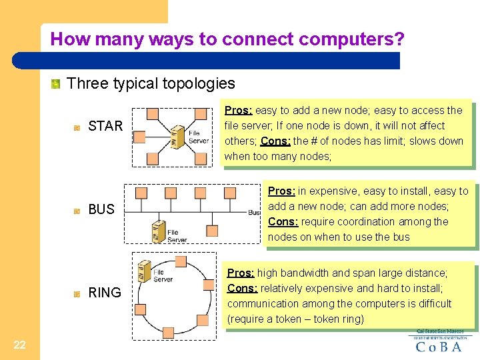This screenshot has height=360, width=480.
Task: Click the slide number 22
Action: [x=19, y=344]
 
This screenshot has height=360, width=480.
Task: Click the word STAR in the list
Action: [x=105, y=126]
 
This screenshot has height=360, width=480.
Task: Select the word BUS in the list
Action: [x=101, y=209]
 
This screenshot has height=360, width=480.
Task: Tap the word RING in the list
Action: [x=105, y=293]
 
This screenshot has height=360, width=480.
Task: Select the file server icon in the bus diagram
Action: [x=159, y=231]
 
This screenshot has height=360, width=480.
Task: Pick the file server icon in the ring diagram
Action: [x=144, y=271]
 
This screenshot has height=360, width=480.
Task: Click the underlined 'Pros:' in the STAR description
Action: [x=238, y=111]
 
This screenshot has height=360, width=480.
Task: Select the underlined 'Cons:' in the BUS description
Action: [x=282, y=222]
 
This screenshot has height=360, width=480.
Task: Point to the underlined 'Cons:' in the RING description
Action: [x=242, y=289]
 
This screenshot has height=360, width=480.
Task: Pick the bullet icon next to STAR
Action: [x=77, y=127]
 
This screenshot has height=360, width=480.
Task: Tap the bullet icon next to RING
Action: [x=77, y=293]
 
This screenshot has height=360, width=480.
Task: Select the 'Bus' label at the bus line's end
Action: [x=254, y=212]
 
